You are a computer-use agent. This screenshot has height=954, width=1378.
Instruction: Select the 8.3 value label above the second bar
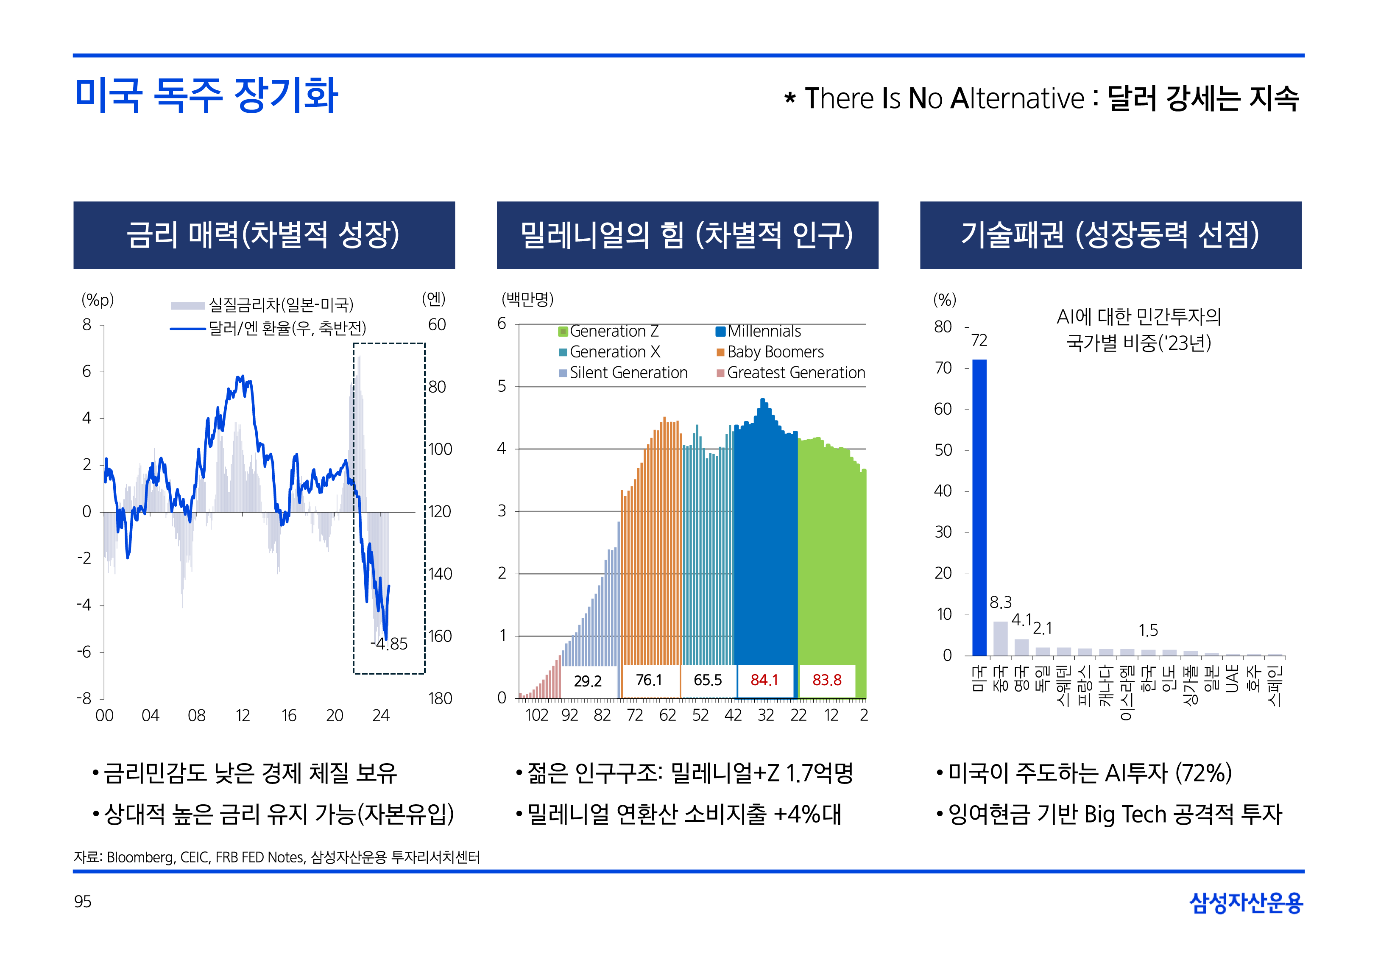(1000, 603)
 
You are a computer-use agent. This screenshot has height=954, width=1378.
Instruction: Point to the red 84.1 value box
(764, 680)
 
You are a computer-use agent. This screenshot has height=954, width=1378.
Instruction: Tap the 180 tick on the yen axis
(440, 698)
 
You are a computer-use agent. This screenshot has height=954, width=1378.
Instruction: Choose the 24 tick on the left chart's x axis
(381, 716)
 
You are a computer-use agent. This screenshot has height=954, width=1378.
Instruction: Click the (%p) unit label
(98, 300)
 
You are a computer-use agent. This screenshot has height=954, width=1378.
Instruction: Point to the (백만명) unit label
(527, 299)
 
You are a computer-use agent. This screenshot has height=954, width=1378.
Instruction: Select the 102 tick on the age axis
(537, 716)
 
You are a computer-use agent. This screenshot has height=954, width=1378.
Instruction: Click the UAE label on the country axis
(1232, 679)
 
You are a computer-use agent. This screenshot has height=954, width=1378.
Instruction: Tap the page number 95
(83, 901)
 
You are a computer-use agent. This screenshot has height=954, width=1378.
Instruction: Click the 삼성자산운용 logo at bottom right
(1246, 903)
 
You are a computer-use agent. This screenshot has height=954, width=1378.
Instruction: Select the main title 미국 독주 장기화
(206, 96)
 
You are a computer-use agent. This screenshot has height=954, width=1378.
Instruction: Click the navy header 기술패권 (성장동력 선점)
(1110, 235)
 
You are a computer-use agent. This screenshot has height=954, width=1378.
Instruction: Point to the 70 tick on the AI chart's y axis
(943, 368)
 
